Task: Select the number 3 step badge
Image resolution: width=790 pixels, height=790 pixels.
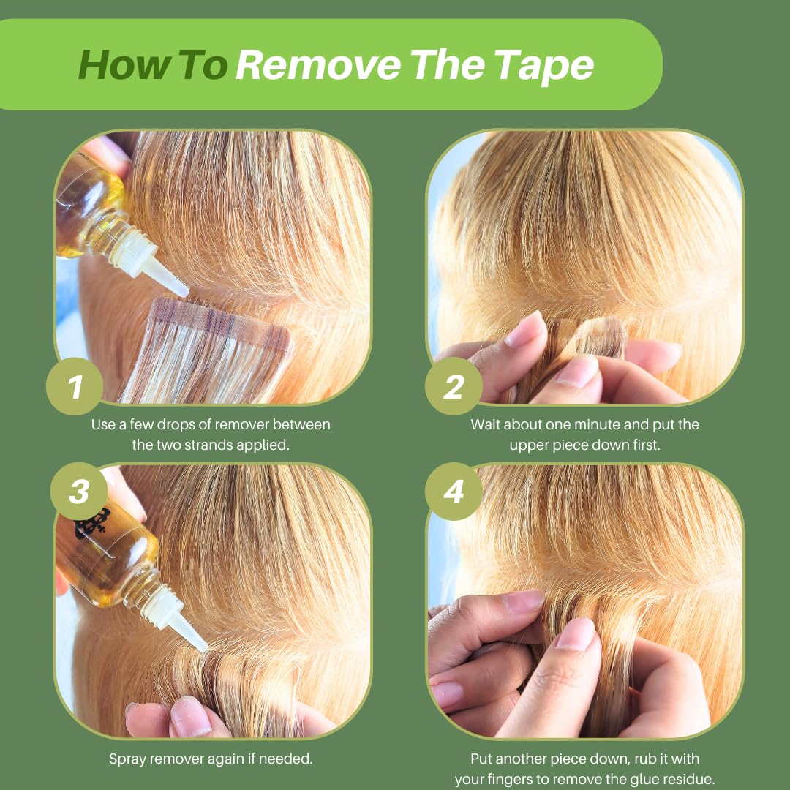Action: pyautogui.click(x=78, y=492)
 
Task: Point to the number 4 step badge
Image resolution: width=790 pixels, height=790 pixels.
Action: pyautogui.click(x=454, y=492)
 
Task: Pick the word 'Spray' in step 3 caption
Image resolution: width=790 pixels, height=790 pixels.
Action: pyautogui.click(x=129, y=759)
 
